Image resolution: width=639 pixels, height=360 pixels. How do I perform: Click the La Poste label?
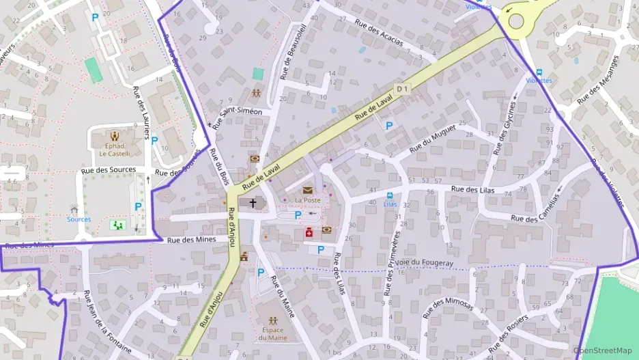tap(307, 200)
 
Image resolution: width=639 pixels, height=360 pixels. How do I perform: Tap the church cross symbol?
tap(253, 203)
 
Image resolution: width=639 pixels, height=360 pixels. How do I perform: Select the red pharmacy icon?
tap(309, 232)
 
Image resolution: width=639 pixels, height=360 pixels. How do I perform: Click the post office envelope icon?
tap(307, 190)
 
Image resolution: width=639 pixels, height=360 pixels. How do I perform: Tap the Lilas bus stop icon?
tap(390, 195)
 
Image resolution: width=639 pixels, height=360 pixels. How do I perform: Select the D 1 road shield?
tap(402, 88)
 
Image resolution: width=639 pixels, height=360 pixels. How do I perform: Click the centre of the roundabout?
tap(515, 20)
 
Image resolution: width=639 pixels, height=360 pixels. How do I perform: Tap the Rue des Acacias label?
tap(379, 32)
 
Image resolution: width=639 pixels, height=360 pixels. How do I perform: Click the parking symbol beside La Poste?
tap(298, 215)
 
